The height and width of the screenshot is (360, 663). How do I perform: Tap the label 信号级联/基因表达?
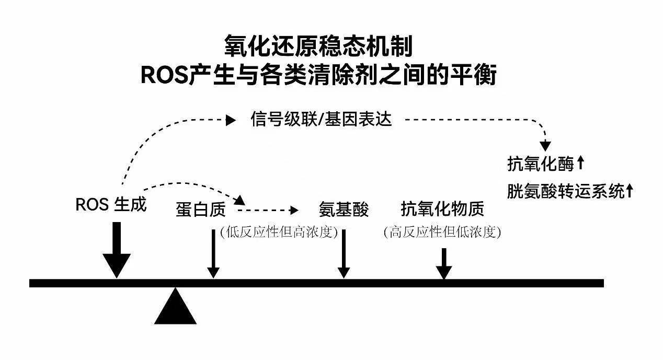click(x=321, y=120)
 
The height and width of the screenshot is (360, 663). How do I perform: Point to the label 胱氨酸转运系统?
click(x=566, y=191)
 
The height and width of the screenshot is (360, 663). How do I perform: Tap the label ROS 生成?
click(x=111, y=205)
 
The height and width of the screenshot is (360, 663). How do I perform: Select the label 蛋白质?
click(x=201, y=210)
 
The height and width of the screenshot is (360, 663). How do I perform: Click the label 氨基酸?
click(x=344, y=210)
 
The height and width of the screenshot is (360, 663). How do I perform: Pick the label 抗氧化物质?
click(x=442, y=210)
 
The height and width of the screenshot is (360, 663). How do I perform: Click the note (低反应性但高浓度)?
click(x=279, y=232)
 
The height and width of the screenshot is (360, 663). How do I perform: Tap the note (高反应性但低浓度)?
click(x=442, y=232)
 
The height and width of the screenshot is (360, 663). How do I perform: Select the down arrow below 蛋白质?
click(x=213, y=254)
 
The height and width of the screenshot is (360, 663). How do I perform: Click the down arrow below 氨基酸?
click(x=344, y=254)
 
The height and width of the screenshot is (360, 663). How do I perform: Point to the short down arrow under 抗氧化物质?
click(x=443, y=264)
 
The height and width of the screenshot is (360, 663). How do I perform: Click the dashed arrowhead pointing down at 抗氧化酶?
click(x=545, y=146)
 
